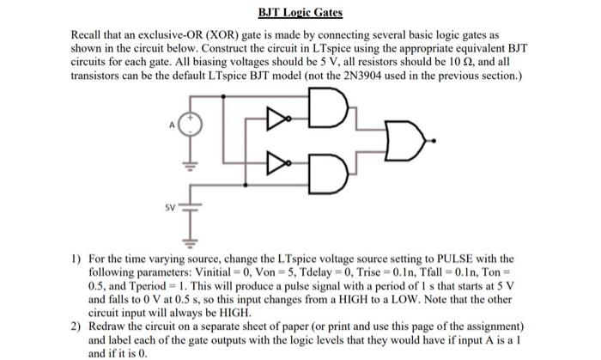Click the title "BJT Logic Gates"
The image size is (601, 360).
[300, 13]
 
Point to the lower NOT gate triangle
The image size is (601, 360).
[275, 161]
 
